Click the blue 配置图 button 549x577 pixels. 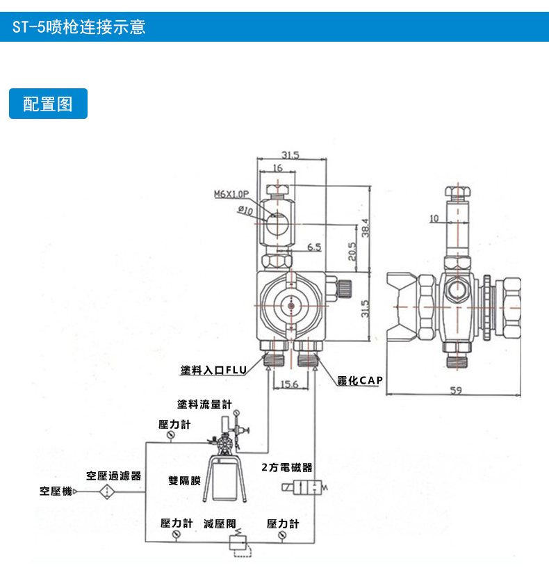[48, 104]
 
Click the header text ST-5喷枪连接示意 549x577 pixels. [79, 28]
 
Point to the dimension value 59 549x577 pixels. [456, 391]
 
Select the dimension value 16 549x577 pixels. [277, 168]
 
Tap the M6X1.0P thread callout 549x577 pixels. [231, 195]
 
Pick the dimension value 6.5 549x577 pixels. [313, 247]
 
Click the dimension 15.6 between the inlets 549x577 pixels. [290, 384]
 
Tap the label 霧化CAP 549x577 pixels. [361, 381]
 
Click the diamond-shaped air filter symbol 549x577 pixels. [108, 491]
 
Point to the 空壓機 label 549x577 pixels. [56, 491]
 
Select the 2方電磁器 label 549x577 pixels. [287, 468]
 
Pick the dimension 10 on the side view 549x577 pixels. [434, 218]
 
